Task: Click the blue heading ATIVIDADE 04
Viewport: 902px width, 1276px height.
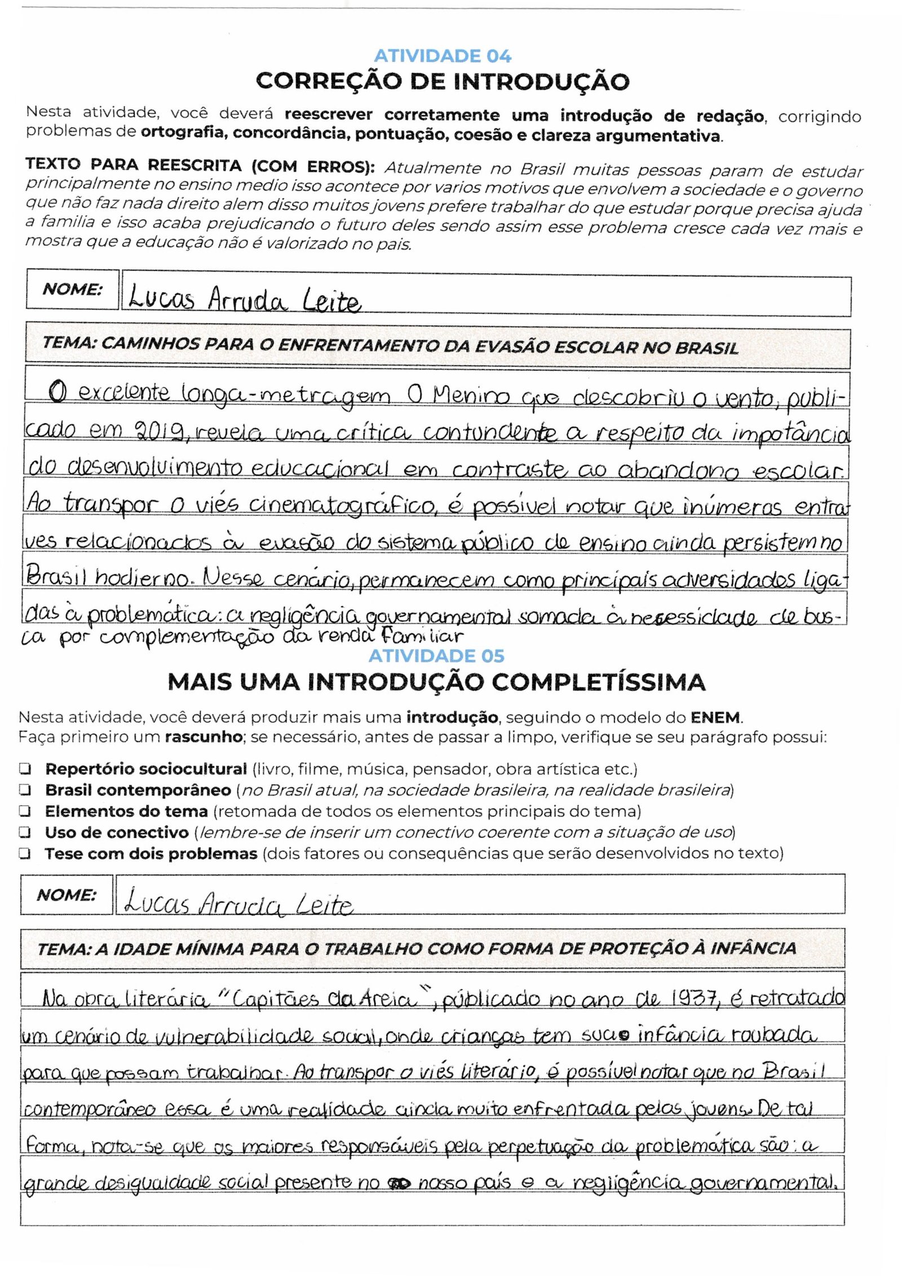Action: point(443,56)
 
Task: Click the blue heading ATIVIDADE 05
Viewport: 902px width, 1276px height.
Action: point(436,656)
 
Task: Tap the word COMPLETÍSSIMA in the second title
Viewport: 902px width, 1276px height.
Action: point(599,682)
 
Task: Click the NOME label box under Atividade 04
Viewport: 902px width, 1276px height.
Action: point(72,289)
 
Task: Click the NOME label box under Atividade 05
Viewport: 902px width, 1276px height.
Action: point(67,895)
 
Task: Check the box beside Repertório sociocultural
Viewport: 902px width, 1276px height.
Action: point(25,769)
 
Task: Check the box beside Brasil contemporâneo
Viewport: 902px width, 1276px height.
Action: point(25,790)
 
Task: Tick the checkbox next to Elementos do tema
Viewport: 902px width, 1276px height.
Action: point(25,811)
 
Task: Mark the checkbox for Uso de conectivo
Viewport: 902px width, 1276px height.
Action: point(25,832)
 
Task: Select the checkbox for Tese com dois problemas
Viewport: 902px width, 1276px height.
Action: point(25,854)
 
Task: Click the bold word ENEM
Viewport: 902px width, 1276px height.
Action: point(717,718)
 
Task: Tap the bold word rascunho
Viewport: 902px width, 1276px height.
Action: point(203,737)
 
